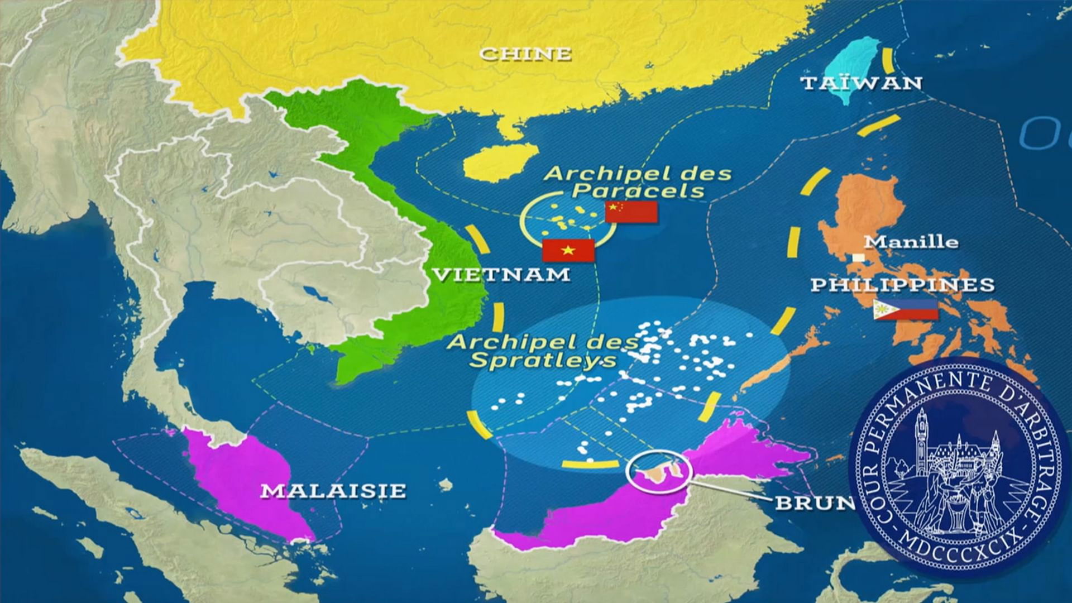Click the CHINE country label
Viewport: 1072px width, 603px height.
click(525, 54)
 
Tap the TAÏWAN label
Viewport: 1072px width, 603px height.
click(862, 83)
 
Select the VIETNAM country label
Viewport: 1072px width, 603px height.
click(501, 274)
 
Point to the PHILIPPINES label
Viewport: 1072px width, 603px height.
click(902, 285)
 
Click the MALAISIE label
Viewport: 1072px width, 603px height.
click(333, 491)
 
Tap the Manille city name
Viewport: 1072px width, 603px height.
click(911, 242)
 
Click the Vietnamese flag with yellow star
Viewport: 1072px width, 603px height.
click(568, 251)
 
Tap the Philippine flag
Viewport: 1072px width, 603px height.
click(905, 309)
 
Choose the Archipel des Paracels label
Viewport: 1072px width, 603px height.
click(638, 182)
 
